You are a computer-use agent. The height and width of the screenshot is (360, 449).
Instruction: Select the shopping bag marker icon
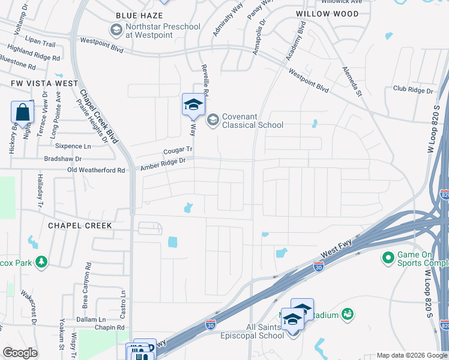[x=22, y=112]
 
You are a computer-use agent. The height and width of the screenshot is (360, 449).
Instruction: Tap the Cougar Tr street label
[x=178, y=151]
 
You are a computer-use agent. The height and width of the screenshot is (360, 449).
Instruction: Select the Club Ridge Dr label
[x=413, y=90]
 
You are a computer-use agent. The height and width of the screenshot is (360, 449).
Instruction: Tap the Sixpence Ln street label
[x=72, y=146]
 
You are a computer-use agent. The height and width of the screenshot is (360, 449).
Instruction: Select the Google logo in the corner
[x=20, y=353]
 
